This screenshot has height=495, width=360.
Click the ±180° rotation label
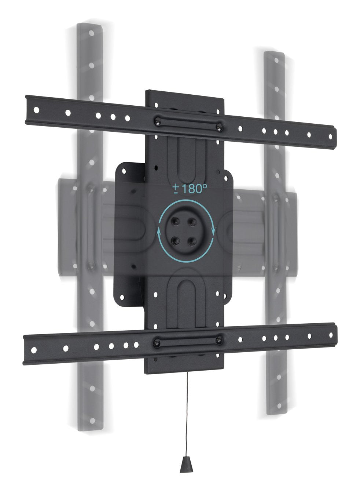point(190,189)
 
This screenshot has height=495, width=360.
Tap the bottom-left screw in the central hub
point(176,241)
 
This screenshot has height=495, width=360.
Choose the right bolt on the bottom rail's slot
point(219,340)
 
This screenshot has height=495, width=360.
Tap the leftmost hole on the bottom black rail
point(34,349)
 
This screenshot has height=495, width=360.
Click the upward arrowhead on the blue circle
point(159,231)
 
